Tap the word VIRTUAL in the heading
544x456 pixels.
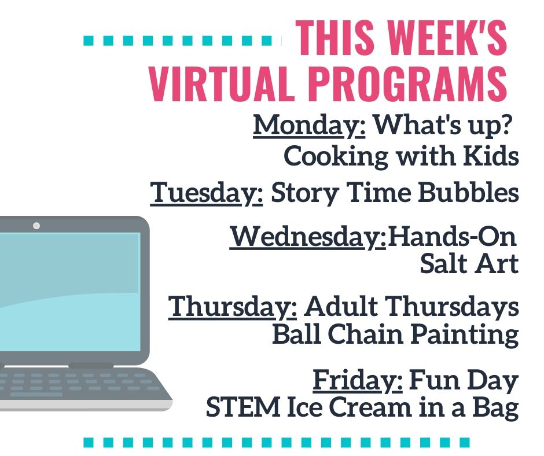point(219,84)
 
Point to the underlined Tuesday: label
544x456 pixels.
point(207,193)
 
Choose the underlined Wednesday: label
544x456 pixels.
point(308,237)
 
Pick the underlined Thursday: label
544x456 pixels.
point(233,307)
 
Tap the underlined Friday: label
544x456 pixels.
point(358,381)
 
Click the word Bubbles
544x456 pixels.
point(468,192)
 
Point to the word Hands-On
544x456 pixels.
point(452,236)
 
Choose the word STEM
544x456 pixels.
point(243,407)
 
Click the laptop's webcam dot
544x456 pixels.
point(36,226)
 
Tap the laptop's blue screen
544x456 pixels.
point(69,292)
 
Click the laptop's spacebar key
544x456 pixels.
point(36,395)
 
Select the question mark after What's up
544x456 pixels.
point(506,124)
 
